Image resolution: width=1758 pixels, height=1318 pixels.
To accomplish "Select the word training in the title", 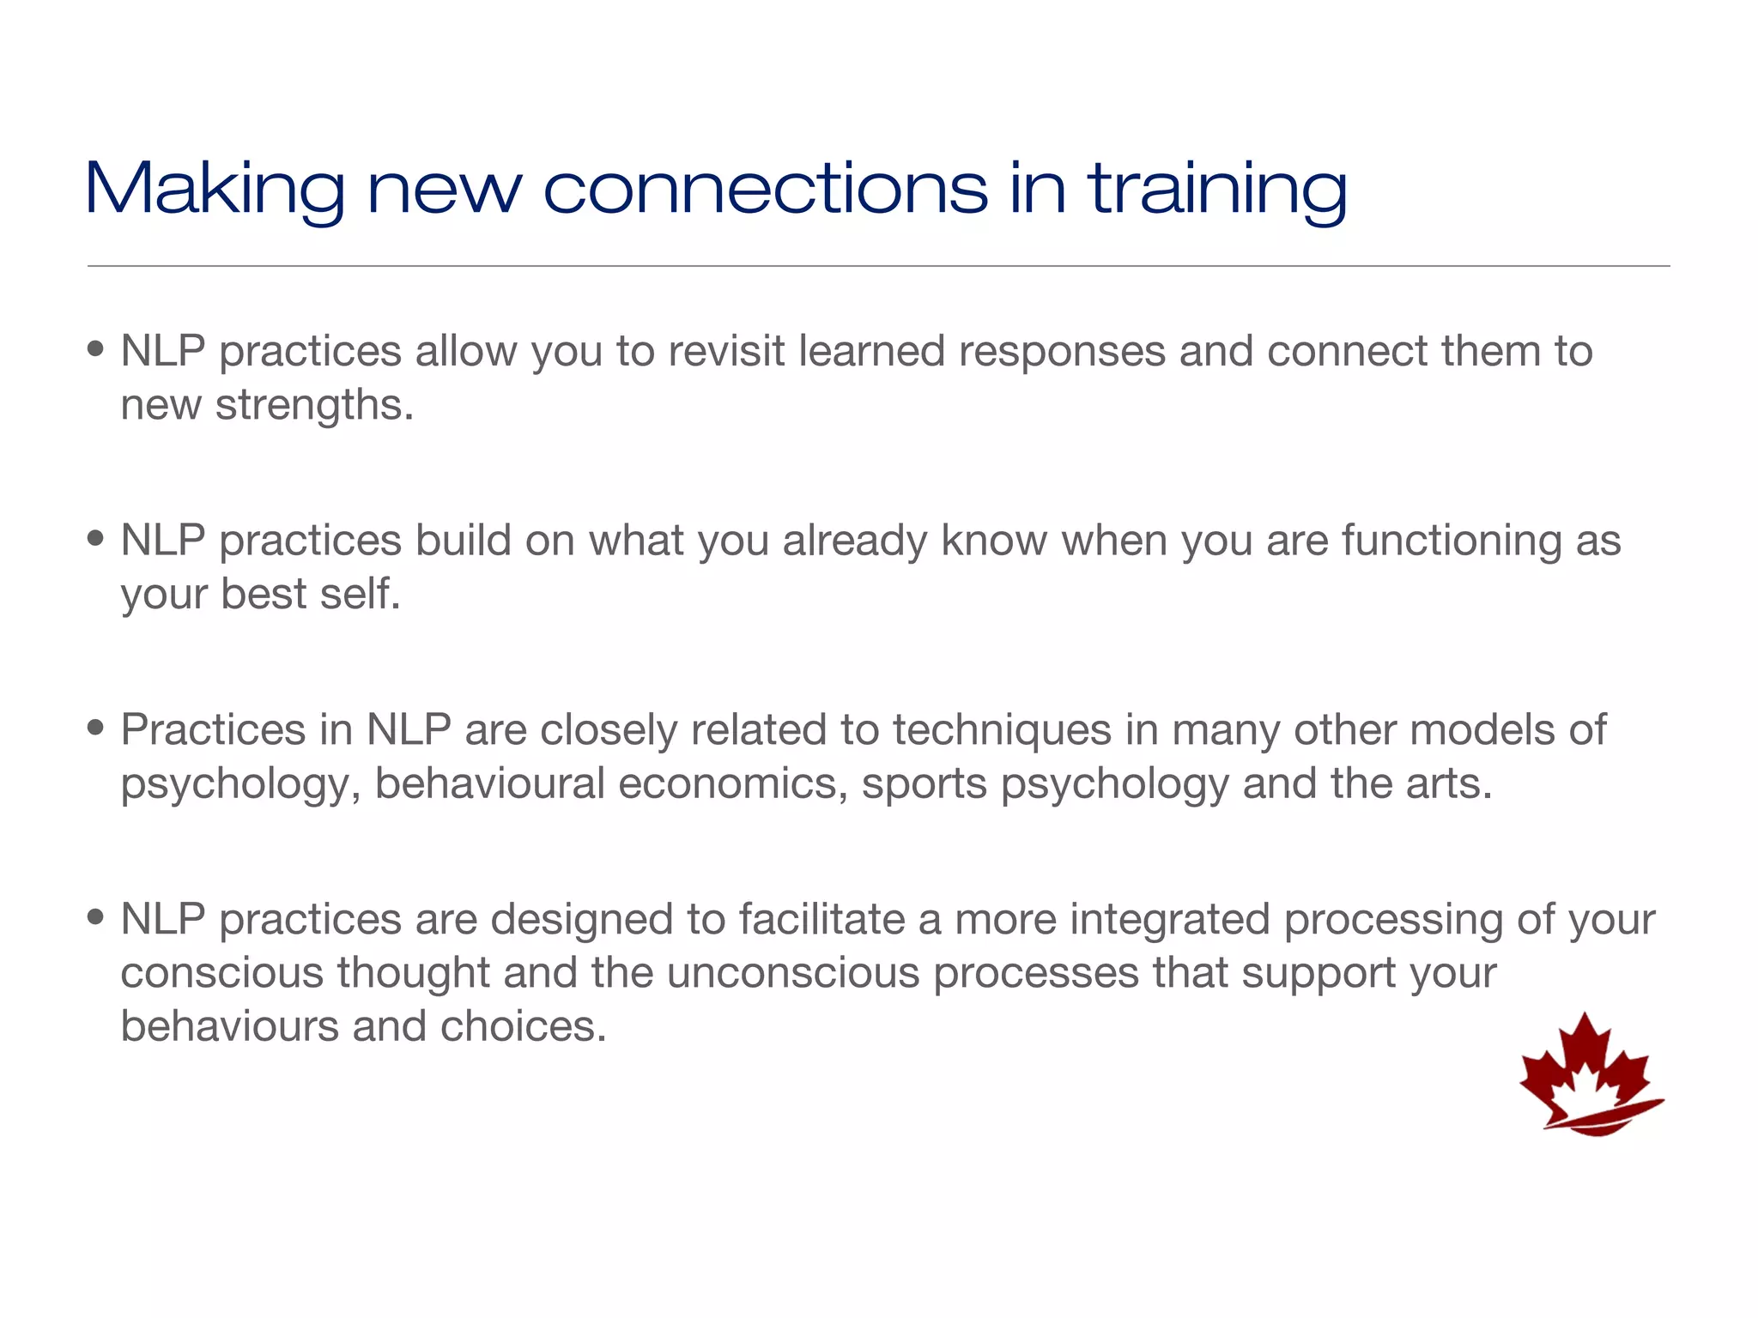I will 1217,190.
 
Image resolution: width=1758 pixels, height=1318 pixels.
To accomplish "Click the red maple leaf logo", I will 1590,1076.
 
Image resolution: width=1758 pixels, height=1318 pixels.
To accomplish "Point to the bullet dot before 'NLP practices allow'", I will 95,349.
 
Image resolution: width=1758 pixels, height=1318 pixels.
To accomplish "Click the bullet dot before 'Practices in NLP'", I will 95,728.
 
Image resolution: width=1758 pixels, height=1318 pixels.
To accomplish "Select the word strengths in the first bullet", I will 313,405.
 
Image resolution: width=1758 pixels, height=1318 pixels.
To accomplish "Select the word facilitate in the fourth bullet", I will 821,919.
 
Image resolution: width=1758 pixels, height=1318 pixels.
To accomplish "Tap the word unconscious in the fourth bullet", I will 792,973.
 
